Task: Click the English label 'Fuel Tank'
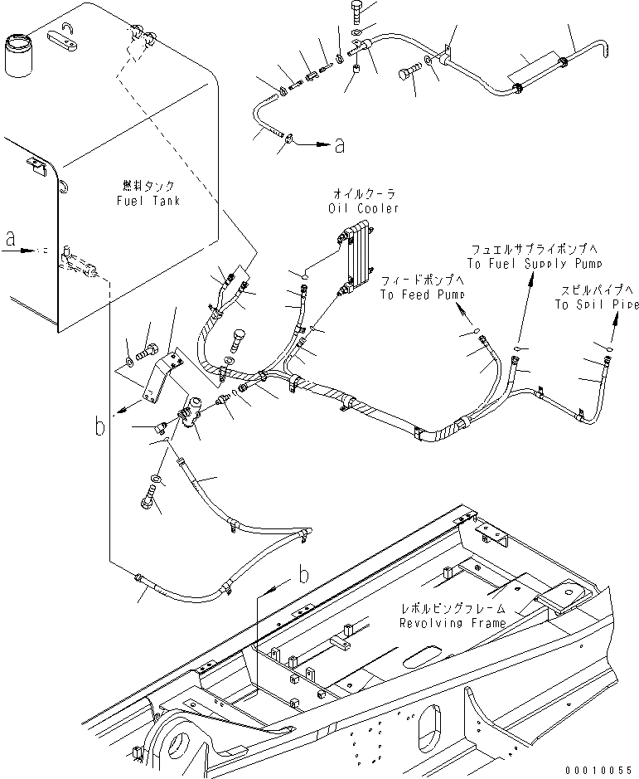pyautogui.click(x=149, y=201)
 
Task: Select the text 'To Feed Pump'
pyautogui.click(x=423, y=295)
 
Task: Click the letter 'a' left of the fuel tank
pyautogui.click(x=10, y=239)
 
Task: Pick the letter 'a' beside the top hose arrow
pyautogui.click(x=338, y=146)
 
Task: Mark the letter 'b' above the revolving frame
pyautogui.click(x=303, y=574)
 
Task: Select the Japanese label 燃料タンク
pyautogui.click(x=149, y=186)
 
